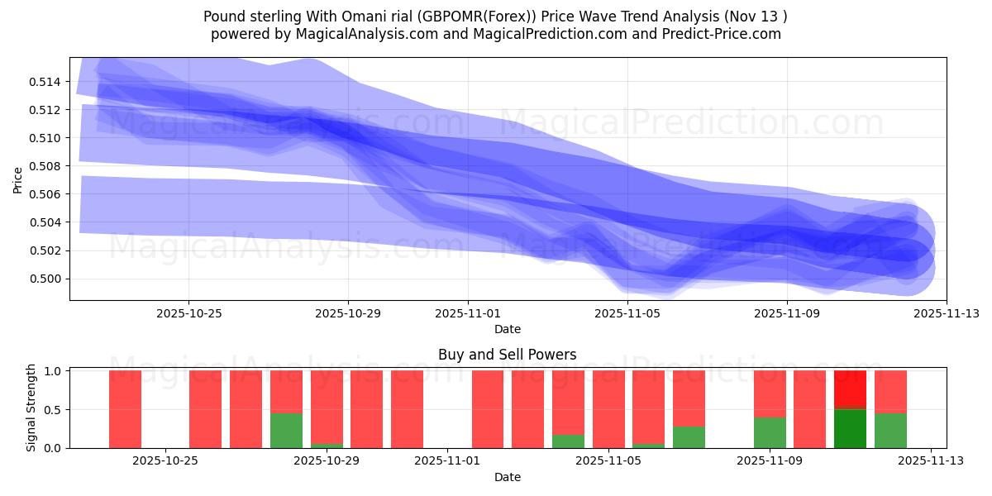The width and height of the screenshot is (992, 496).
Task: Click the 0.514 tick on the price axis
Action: (46, 81)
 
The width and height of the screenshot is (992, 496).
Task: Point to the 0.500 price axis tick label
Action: (46, 279)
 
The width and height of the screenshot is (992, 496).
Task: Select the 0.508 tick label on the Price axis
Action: (46, 166)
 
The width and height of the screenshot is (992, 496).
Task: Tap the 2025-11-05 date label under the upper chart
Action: (627, 313)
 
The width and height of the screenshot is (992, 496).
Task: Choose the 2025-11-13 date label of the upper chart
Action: (946, 313)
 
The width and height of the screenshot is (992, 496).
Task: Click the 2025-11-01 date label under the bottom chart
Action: (447, 461)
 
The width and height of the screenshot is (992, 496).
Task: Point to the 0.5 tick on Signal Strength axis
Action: (53, 409)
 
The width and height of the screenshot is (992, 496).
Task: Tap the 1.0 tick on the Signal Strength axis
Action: (53, 371)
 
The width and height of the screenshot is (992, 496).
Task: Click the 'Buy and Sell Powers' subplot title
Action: (507, 355)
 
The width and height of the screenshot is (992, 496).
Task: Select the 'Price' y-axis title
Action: (18, 179)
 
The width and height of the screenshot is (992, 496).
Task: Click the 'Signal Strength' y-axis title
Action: (31, 408)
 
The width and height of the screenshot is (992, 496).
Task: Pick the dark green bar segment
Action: (850, 428)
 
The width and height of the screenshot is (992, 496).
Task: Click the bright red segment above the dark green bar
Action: (850, 389)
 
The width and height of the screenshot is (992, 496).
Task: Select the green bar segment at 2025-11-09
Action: (770, 432)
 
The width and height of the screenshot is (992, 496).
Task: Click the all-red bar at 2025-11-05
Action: (608, 409)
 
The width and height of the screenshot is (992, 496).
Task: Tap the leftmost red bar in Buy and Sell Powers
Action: (125, 409)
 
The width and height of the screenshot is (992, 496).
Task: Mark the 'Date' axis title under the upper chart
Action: (507, 329)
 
